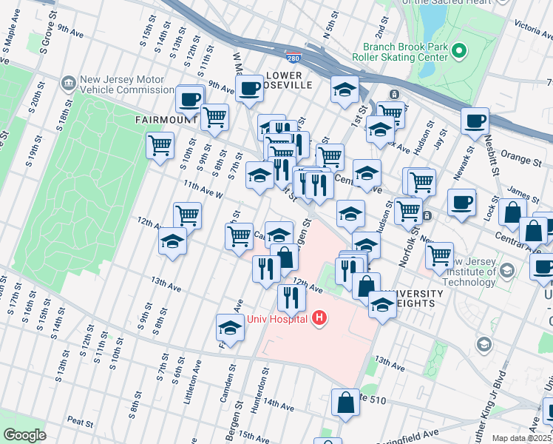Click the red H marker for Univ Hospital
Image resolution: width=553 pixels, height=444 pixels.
319,318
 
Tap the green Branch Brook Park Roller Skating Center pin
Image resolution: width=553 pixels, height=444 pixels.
459,51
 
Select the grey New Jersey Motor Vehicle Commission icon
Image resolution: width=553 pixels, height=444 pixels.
69,81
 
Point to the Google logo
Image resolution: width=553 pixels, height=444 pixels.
24,435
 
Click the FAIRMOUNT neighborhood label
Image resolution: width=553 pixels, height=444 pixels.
166,119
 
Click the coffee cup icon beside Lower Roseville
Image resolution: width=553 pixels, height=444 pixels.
248,90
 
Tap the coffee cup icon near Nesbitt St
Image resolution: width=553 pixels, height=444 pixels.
475,121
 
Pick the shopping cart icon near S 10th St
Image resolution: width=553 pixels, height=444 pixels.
160,146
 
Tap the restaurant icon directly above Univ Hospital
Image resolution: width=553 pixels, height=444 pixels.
292,297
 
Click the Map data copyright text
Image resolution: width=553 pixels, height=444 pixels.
522,438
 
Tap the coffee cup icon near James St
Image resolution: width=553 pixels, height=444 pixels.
461,202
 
